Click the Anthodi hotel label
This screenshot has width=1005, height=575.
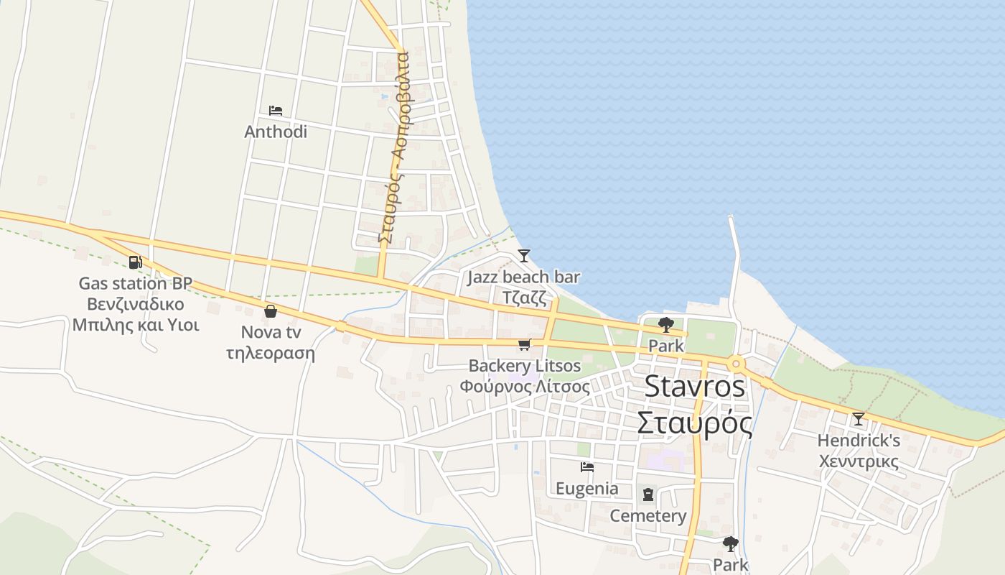[x=276, y=132]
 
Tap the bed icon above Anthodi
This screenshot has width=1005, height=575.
[x=276, y=111]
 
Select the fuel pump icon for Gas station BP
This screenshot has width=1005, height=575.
[x=135, y=262]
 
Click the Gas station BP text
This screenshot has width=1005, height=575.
[x=135, y=283]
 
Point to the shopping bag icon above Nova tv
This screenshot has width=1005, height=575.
[x=271, y=311]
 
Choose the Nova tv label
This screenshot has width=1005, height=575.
[x=271, y=332]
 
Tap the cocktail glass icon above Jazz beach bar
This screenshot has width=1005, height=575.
[x=524, y=256]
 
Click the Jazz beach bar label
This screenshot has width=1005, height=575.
[x=524, y=277]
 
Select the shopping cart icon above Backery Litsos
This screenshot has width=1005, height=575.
[x=525, y=345]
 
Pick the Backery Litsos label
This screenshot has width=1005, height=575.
[x=525, y=366]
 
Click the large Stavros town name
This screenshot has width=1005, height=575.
[x=695, y=386]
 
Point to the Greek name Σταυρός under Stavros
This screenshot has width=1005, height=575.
[x=695, y=423]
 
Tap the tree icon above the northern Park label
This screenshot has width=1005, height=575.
[x=666, y=324]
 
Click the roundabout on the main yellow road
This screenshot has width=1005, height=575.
[x=735, y=364]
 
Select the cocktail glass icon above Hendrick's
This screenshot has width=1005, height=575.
[x=859, y=419]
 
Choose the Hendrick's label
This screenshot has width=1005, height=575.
[x=859, y=440]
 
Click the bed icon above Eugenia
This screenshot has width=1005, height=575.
[x=587, y=467]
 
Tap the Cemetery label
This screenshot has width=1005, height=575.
[x=648, y=516]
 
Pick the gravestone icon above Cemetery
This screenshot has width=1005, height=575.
[x=648, y=494]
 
